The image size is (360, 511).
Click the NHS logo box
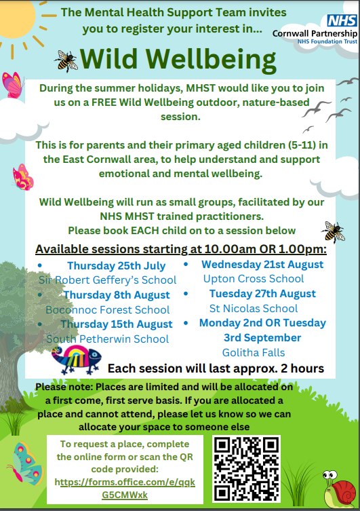click(342, 20)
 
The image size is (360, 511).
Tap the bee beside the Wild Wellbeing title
click(66, 61)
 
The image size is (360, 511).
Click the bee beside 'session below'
click(333, 231)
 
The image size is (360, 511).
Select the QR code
click(246, 469)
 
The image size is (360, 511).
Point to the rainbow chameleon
click(77, 359)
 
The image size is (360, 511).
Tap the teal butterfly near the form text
click(25, 463)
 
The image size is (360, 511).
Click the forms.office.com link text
click(125, 488)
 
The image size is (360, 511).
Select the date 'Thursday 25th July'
click(117, 266)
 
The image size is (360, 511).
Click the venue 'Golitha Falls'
click(254, 352)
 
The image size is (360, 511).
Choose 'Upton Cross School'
click(254, 279)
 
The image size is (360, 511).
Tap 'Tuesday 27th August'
click(262, 294)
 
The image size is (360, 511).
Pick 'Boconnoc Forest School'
click(108, 309)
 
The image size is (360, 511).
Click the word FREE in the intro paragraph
click(104, 102)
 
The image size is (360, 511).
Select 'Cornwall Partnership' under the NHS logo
click(315, 33)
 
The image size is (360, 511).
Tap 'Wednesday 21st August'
click(262, 264)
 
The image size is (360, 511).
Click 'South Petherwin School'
click(108, 339)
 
